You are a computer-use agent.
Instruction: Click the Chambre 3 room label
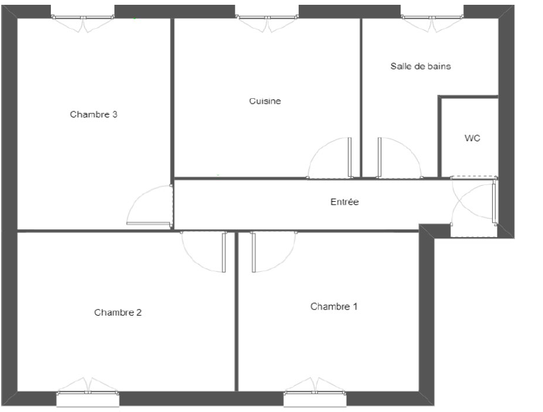[93, 114]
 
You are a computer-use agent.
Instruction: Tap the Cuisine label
[265, 101]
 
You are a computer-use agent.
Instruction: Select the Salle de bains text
[421, 66]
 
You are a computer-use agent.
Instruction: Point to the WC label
[472, 138]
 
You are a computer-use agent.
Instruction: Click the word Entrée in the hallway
[345, 202]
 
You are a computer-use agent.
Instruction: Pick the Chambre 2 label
[118, 313]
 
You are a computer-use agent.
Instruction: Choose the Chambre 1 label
[334, 307]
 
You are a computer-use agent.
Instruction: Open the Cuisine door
[330, 158]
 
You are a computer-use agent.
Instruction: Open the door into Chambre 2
[204, 252]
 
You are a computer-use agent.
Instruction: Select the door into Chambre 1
[274, 252]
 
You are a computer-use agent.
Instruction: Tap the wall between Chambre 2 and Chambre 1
[236, 311]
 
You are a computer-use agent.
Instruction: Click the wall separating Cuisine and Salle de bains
[361, 98]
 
